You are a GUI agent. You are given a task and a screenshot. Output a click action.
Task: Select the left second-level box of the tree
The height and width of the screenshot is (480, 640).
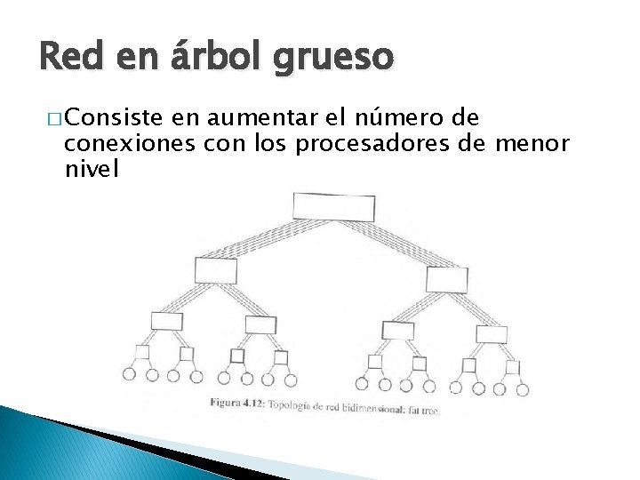pyautogui.click(x=214, y=268)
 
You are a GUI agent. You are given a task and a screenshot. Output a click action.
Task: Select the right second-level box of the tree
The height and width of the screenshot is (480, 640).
pyautogui.click(x=446, y=279)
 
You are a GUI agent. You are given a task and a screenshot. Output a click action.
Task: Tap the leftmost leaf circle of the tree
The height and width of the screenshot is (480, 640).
pyautogui.click(x=130, y=374)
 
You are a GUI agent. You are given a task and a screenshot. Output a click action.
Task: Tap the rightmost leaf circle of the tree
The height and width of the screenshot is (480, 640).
pyautogui.click(x=523, y=388)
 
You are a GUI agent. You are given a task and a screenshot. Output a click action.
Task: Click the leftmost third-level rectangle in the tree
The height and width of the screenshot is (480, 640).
pyautogui.click(x=166, y=321)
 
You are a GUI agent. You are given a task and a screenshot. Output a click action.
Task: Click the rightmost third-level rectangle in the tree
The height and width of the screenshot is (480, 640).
pyautogui.click(x=491, y=334)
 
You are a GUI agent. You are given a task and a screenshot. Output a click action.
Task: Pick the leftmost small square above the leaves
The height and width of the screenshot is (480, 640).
pyautogui.click(x=140, y=350)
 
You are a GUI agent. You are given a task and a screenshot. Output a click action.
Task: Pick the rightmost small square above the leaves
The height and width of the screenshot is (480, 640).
pyautogui.click(x=512, y=366)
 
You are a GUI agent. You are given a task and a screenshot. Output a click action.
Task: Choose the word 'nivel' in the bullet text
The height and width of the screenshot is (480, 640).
pyautogui.click(x=92, y=167)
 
